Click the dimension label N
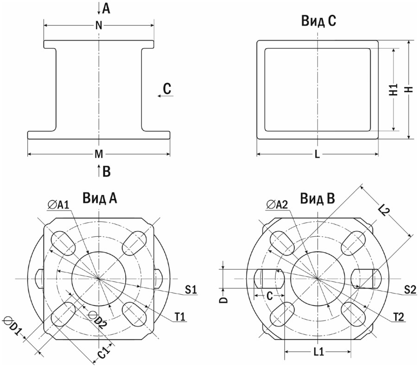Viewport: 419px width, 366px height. [99, 25]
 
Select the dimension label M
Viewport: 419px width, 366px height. [99, 154]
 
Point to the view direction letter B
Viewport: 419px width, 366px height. [107, 171]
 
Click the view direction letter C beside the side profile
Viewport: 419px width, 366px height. [167, 88]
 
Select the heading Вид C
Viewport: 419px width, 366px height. [318, 20]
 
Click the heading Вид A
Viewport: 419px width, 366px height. [100, 198]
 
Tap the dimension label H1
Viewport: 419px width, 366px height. [394, 89]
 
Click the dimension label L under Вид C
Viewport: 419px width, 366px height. [317, 154]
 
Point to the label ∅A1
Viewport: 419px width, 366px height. [58, 205]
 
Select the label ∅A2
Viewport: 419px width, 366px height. [277, 205]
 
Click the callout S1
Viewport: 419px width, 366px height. [191, 290]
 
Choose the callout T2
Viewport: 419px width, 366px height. [398, 317]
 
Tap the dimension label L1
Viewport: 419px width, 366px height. [318, 352]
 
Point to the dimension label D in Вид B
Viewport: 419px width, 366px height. [224, 299]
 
